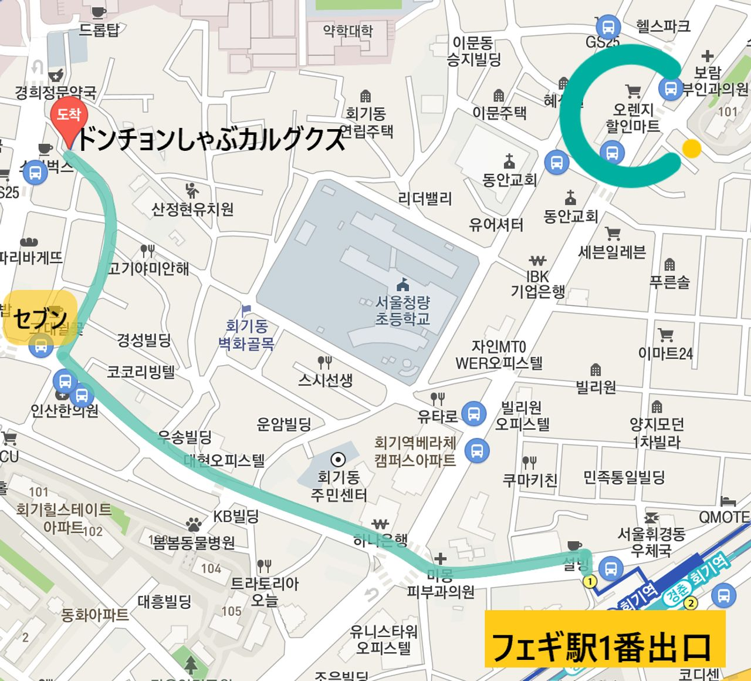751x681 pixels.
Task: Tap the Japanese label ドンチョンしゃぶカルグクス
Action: tap(209, 139)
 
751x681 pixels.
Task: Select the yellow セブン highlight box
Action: tap(40, 318)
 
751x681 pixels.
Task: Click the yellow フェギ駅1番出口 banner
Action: tap(604, 639)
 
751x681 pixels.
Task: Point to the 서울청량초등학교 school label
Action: tap(402, 311)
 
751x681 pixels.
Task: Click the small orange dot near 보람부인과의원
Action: tap(692, 148)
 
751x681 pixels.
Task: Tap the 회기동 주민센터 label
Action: tap(339, 486)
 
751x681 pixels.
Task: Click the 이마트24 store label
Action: tap(665, 353)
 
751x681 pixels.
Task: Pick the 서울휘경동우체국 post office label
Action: tap(651, 542)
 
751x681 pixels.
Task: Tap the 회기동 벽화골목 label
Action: tap(246, 334)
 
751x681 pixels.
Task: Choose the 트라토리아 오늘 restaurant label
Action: tap(265, 592)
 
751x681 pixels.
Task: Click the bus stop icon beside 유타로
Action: tap(473, 413)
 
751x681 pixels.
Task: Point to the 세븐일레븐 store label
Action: tap(612, 252)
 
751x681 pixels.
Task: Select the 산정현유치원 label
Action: tap(192, 209)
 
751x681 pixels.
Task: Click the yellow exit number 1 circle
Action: tap(590, 581)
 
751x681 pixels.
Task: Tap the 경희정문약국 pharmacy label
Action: tap(56, 92)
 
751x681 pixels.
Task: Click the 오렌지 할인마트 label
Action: tap(633, 117)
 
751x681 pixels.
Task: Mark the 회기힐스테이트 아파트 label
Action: tap(63, 518)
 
